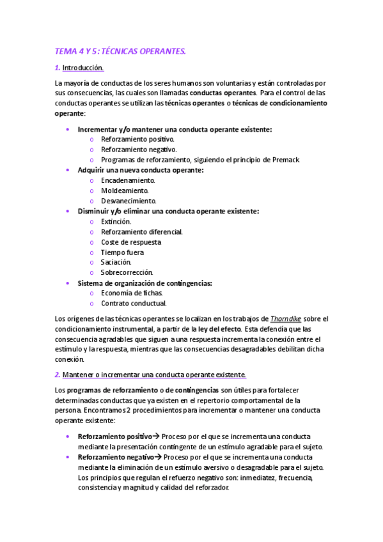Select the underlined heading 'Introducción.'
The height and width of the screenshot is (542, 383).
coord(83,68)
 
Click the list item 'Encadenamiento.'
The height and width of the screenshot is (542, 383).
coord(128,180)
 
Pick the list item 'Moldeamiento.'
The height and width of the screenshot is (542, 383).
coord(125,190)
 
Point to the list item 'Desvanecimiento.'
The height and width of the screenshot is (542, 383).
coord(128,201)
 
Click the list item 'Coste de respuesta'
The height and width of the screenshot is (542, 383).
coord(131,242)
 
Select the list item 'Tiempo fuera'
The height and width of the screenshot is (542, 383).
coord(122,252)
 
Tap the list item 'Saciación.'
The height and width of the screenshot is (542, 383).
coord(116,262)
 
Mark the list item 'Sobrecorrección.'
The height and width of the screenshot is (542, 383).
coord(127,273)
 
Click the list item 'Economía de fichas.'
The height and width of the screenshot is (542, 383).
coord(132,293)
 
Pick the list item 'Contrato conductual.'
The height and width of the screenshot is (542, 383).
coord(134,303)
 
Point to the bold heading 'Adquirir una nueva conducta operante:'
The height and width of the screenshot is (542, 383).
coord(141,170)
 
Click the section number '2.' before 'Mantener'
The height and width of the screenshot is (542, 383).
coord(58,375)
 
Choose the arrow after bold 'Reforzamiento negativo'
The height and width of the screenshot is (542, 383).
coord(158,457)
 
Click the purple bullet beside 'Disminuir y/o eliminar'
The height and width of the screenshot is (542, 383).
coord(68,211)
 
